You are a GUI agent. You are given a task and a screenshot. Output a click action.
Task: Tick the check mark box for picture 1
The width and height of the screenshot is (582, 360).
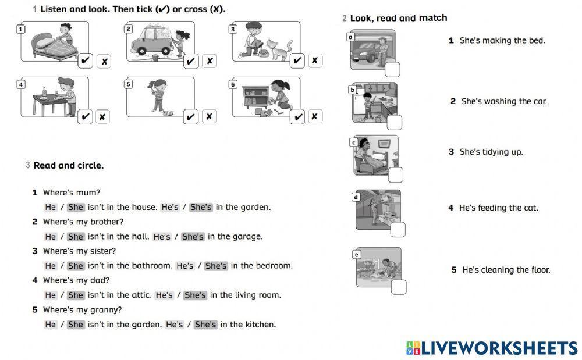click(85, 60)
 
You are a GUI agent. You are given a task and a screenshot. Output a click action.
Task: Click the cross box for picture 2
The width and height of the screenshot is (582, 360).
click(210, 60)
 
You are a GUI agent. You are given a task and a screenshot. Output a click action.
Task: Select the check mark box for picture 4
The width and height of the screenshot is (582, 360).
click(85, 116)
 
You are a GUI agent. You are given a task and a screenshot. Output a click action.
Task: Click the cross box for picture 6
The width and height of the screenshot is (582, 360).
click(314, 116)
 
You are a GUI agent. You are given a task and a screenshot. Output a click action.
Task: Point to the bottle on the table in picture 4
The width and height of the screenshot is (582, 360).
click(44, 93)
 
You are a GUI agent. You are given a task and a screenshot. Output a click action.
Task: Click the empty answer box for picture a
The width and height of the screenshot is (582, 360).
click(392, 70)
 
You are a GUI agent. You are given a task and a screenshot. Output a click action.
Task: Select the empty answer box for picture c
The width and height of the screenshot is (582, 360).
click(396, 174)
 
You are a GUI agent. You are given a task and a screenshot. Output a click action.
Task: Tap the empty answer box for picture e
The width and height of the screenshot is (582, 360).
click(399, 287)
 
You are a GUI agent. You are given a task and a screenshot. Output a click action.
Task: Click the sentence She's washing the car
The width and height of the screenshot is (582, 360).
click(503, 101)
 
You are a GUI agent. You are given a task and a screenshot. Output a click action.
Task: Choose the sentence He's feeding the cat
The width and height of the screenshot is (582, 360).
click(498, 208)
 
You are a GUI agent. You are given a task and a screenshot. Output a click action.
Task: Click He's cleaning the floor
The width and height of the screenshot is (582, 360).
click(505, 270)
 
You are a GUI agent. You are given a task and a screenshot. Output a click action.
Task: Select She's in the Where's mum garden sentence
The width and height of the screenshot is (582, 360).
click(201, 207)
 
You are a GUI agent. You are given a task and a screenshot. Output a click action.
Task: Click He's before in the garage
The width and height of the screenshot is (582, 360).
click(162, 237)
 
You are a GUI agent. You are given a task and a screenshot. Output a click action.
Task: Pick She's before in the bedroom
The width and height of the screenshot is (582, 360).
click(216, 266)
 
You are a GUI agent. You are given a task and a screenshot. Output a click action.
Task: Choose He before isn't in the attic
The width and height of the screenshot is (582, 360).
click(51, 295)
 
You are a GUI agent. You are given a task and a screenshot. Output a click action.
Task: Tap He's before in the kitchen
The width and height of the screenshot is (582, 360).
click(175, 325)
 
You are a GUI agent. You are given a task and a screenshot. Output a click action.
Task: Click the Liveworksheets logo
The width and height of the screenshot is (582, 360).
click(492, 348)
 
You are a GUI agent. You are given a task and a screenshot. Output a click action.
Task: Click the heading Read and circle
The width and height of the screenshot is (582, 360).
click(68, 166)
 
